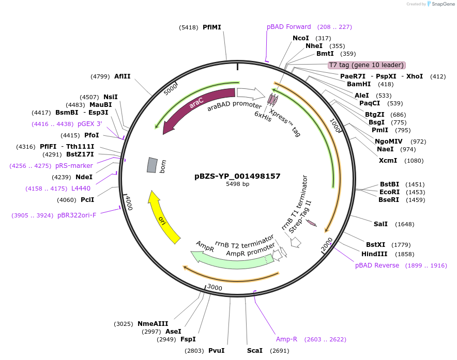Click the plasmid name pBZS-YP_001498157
pos(237,176)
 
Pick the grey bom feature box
pos(152,165)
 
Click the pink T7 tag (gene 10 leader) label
pos(367,65)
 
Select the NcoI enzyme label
pos(300,38)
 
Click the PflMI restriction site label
pos(211,27)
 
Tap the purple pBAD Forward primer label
pos(289,27)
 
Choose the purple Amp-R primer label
pos(286,339)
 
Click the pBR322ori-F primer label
pos(77,215)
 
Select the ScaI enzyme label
pos(254,351)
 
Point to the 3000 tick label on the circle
pos(214,288)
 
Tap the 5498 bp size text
pos(237,184)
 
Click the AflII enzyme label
pos(123,76)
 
